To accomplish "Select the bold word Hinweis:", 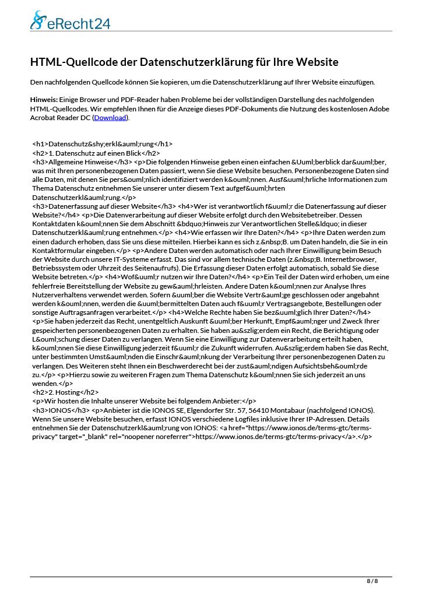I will coord(43,100).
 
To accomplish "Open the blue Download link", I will coord(110,118).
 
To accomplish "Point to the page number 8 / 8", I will coord(372,581).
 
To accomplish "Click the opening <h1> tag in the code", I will coord(40,143).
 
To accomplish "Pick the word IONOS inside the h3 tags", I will coord(58,410).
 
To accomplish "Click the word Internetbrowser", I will coord(349,259).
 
